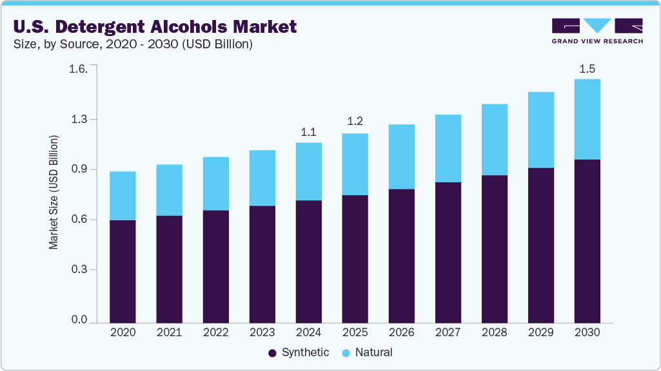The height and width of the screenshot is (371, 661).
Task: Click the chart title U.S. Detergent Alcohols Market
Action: pyautogui.click(x=155, y=26)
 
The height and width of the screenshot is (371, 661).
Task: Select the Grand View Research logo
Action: pyautogui.click(x=597, y=30)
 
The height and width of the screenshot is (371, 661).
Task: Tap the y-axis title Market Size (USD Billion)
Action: pyautogui.click(x=54, y=193)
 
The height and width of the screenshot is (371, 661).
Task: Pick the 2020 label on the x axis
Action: pyautogui.click(x=123, y=332)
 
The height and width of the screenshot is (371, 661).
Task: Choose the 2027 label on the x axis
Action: pyautogui.click(x=448, y=332)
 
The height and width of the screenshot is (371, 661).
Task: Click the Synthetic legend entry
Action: pyautogui.click(x=299, y=352)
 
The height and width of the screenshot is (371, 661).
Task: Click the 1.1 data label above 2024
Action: pyautogui.click(x=308, y=132)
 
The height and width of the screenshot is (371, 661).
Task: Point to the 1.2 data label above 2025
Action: pyautogui.click(x=355, y=121)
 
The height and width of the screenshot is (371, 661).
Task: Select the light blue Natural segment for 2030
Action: pyautogui.click(x=587, y=119)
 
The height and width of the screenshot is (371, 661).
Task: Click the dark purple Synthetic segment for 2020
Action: pyautogui.click(x=123, y=271)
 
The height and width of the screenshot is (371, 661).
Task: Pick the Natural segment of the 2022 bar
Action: pyautogui.click(x=215, y=184)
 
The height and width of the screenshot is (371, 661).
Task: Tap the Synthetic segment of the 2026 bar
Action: pyautogui.click(x=401, y=255)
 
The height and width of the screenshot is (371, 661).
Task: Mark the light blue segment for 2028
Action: pyautogui.click(x=494, y=139)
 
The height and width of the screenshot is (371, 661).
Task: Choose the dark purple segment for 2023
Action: pyautogui.click(x=262, y=264)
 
